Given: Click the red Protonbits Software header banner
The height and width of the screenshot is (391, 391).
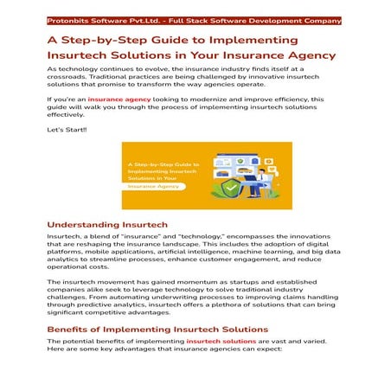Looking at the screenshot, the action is pos(195,20).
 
